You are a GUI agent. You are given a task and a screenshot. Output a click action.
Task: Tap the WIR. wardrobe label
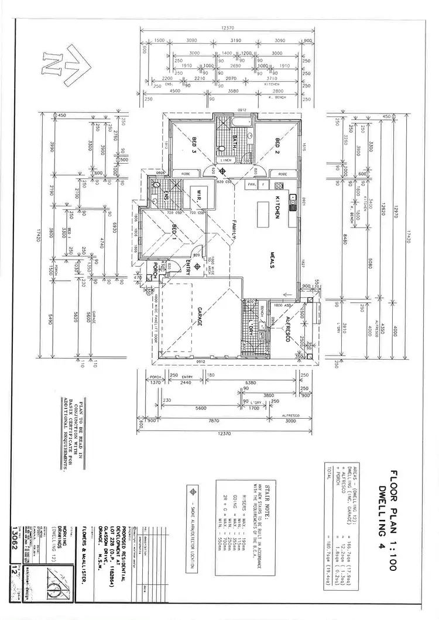coord(198,196)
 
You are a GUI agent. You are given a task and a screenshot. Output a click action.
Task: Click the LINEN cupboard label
coord(227,160)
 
